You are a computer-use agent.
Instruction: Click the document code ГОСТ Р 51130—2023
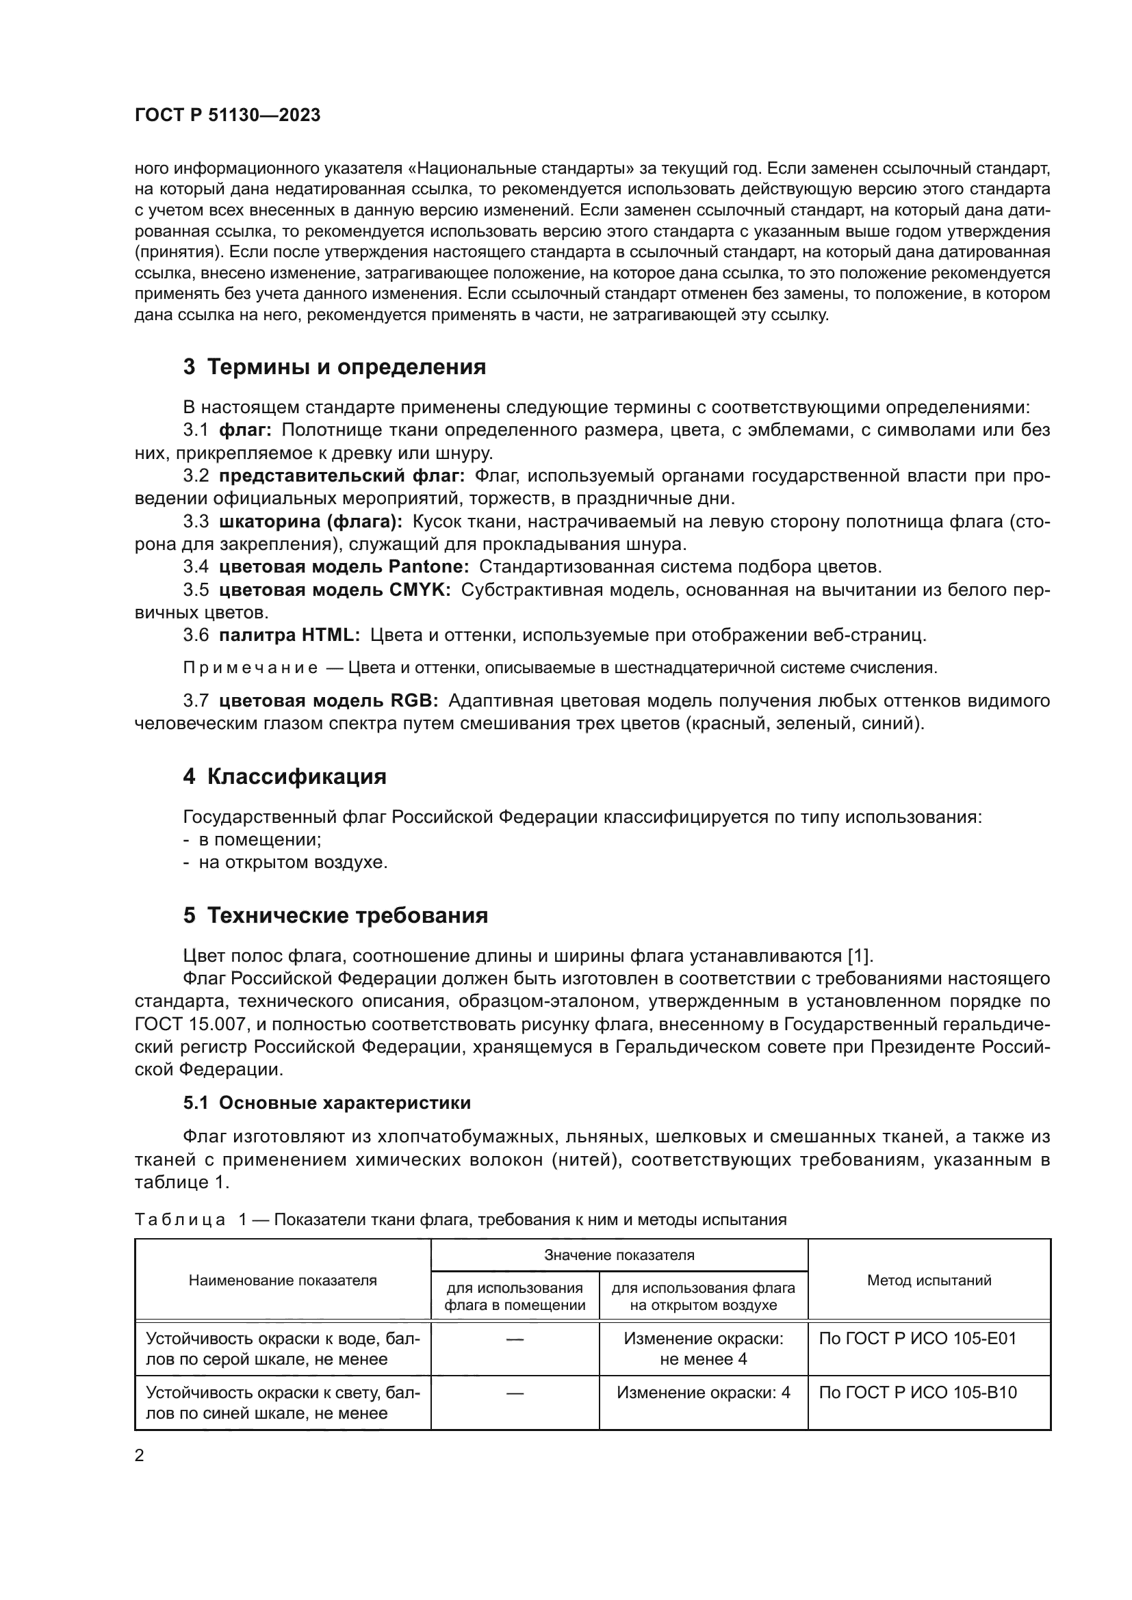tap(227, 115)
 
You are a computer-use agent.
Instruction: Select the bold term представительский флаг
tap(341, 476)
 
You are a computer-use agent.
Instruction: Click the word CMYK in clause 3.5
tap(416, 590)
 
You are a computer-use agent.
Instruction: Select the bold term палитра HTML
tap(289, 635)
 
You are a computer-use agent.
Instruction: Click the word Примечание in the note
tap(250, 668)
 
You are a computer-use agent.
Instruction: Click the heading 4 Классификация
tap(285, 777)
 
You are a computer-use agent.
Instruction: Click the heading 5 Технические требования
tap(335, 916)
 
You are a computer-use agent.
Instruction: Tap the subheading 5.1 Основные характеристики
tap(327, 1103)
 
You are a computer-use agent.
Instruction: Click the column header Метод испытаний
tap(929, 1280)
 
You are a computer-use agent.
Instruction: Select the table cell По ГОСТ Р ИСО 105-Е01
tap(917, 1339)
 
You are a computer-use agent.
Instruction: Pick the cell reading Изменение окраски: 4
tap(703, 1393)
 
